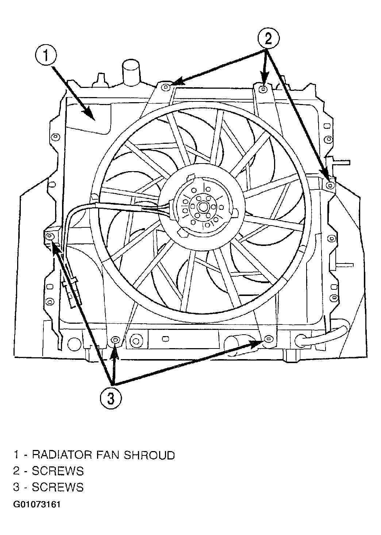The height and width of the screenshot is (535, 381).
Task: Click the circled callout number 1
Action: coord(46,56)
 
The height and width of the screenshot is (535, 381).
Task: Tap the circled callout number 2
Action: coord(268,39)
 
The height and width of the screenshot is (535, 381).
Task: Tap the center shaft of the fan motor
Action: coord(203,206)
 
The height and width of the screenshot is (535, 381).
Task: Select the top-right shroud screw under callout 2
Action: coord(263,89)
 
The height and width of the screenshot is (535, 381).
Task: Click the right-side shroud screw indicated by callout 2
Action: coord(330,185)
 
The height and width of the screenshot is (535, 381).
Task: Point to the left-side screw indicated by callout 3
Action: coord(50,236)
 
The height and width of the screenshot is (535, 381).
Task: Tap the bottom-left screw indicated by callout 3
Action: coord(115,340)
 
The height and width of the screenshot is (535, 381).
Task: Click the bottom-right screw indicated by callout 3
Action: coord(268,338)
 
